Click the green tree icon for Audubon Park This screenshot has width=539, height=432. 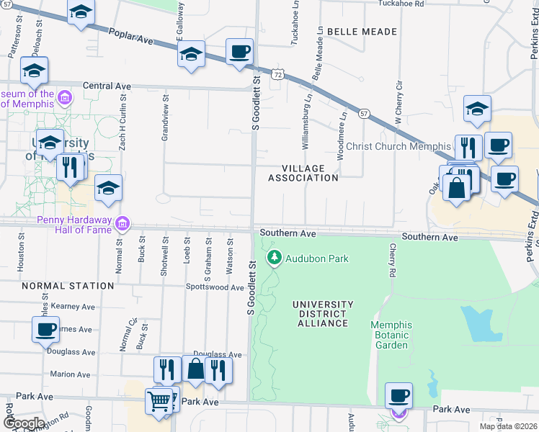[x=274, y=257]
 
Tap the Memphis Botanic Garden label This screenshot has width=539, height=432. [x=391, y=335]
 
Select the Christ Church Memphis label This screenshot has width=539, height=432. [x=398, y=146]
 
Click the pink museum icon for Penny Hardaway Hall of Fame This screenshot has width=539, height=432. [x=122, y=223]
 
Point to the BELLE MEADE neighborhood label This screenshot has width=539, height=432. [x=362, y=32]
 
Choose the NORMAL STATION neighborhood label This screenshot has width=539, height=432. [x=68, y=286]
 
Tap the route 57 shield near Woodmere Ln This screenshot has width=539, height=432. [x=365, y=114]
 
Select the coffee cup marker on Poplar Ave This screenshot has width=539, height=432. [x=239, y=53]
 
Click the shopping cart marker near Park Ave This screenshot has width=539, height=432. [x=159, y=400]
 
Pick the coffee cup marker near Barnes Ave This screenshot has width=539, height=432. [x=45, y=330]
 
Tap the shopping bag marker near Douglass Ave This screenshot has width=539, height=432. [x=195, y=369]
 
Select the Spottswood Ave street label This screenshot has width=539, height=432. [x=215, y=287]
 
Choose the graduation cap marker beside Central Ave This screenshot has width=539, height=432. [x=34, y=71]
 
